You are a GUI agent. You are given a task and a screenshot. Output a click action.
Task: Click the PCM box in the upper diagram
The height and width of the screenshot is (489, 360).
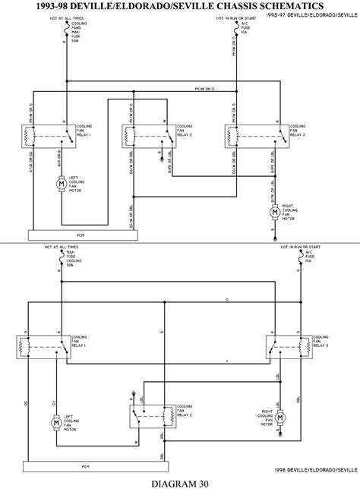(x=81, y=235)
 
